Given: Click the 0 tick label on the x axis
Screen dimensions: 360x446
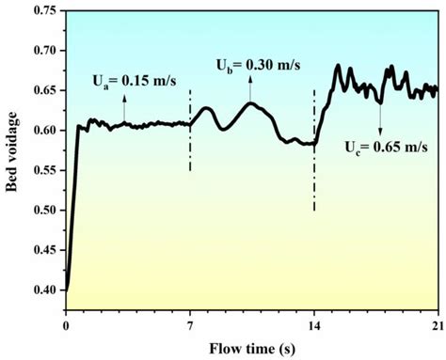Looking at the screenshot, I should (66, 325).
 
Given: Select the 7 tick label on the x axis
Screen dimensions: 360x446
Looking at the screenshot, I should (190, 325).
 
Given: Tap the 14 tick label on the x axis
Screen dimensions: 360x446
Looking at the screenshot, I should (314, 325).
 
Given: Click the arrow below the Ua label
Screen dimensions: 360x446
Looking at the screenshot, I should (124, 105).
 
